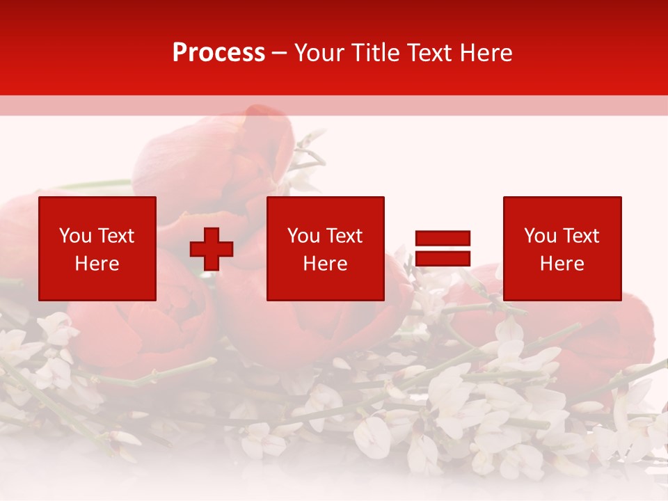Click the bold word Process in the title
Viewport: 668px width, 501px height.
218,53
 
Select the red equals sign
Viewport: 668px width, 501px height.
443,248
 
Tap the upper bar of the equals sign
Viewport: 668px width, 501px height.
443,239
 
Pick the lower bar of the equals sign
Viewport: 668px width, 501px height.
443,258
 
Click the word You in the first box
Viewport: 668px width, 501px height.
75,236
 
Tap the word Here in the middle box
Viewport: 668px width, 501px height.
325,264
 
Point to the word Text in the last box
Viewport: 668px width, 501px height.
580,236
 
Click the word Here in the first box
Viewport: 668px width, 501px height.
97,264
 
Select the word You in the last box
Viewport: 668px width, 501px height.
540,236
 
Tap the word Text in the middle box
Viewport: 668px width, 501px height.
344,236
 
